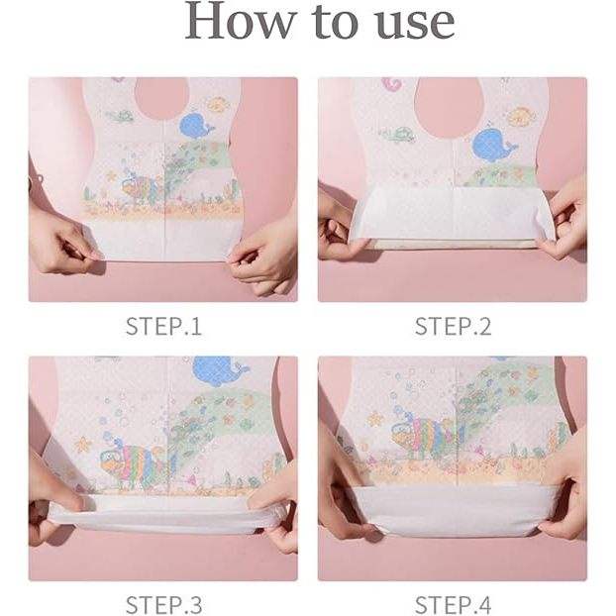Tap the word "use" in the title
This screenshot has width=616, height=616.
[x=416, y=24]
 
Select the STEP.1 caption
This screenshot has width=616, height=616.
[x=163, y=327]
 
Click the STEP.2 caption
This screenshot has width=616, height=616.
[x=453, y=327]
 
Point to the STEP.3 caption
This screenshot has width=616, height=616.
[x=163, y=605]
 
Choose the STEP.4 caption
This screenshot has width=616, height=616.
[x=453, y=605]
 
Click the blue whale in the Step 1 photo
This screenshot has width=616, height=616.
[x=196, y=126]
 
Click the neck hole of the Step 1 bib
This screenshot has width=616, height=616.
[x=161, y=98]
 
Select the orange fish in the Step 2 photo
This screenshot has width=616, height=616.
[x=521, y=116]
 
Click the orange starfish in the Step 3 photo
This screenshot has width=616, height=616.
[x=83, y=445]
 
